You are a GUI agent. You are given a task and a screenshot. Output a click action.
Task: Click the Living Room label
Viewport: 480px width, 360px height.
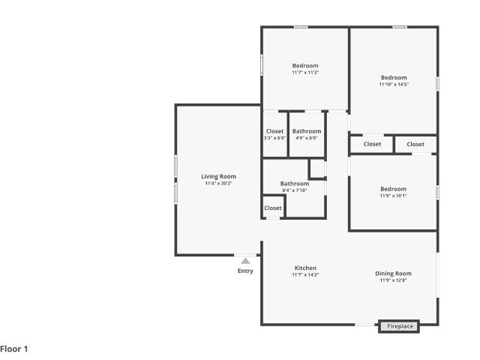coord(218,176)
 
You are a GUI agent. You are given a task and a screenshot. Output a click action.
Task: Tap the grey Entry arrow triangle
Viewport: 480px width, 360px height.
coord(245,261)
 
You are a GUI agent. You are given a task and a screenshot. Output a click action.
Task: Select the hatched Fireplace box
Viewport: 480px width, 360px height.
coord(399,326)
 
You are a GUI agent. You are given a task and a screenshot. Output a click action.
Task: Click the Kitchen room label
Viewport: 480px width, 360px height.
coord(305,268)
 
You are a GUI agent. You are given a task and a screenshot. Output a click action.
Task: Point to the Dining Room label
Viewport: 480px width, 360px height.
coord(393,273)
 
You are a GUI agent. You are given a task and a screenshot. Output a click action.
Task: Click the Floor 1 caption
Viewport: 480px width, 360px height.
coord(14,349)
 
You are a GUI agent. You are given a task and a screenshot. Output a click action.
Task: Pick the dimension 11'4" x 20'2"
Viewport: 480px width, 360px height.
coord(218,183)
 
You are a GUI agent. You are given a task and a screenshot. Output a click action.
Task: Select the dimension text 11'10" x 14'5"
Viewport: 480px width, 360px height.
coord(394,84)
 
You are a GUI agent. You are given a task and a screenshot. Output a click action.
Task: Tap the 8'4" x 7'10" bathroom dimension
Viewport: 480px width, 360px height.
coord(295,190)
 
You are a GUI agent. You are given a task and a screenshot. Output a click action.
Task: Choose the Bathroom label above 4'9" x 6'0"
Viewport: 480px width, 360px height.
coord(307,131)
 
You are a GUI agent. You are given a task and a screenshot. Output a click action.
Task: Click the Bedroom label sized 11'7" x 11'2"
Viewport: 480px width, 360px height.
coord(305,65)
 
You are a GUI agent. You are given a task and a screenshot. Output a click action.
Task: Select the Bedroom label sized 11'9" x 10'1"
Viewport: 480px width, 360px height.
coord(393,189)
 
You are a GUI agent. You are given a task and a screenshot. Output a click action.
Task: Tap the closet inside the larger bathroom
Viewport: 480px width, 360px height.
coord(273,208)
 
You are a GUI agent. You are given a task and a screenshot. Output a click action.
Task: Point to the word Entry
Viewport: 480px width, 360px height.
coord(245,271)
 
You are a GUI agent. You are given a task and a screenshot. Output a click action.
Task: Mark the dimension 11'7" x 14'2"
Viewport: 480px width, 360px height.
coord(305,274)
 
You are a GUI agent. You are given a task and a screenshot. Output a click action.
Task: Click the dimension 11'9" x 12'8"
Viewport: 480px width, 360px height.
coord(393,280)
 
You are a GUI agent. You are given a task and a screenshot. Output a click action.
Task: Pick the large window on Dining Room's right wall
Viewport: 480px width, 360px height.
coord(438,275)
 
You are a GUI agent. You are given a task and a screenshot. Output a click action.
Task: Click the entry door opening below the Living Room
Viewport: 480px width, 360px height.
coord(245,255)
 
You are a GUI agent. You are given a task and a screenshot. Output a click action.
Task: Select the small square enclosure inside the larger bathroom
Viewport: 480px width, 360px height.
coord(317,169)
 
